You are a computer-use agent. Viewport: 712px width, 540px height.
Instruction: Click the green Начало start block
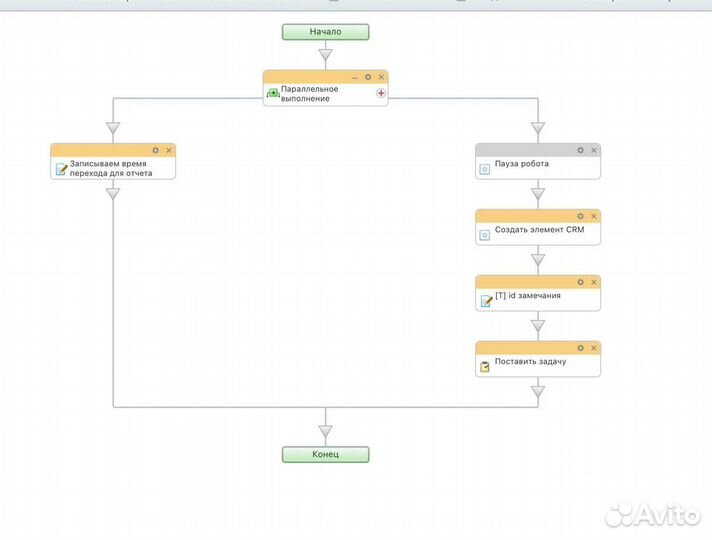click(x=325, y=31)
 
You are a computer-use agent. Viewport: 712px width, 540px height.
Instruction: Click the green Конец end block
click(x=325, y=454)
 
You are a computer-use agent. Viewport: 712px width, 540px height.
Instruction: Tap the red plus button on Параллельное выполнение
click(x=380, y=93)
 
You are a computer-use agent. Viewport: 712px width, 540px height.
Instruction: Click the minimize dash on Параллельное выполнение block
click(x=354, y=76)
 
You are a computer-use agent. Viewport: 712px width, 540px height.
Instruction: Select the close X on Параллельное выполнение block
click(x=381, y=76)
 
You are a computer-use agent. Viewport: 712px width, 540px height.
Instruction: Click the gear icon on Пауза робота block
click(x=580, y=150)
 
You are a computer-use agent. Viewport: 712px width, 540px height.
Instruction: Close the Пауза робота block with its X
click(x=594, y=150)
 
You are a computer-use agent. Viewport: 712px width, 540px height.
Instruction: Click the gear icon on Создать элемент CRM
click(x=580, y=215)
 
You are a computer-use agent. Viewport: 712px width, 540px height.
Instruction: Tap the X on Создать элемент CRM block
click(x=594, y=215)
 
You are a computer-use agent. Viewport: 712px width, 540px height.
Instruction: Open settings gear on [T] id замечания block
click(x=580, y=281)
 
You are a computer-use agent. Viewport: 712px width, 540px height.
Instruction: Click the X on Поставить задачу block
click(x=594, y=348)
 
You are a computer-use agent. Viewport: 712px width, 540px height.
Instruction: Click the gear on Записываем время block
click(x=155, y=150)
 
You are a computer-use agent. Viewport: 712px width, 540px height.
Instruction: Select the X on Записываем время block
click(x=169, y=150)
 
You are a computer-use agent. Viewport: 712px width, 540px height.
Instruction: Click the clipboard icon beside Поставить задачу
click(x=485, y=367)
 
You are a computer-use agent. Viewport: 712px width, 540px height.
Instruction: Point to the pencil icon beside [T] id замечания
click(x=485, y=301)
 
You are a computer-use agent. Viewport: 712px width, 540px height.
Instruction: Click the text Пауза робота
click(x=521, y=164)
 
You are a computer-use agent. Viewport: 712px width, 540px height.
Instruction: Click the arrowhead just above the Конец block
click(x=325, y=431)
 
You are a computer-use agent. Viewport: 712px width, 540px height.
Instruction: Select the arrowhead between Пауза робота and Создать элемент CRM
click(x=538, y=194)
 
